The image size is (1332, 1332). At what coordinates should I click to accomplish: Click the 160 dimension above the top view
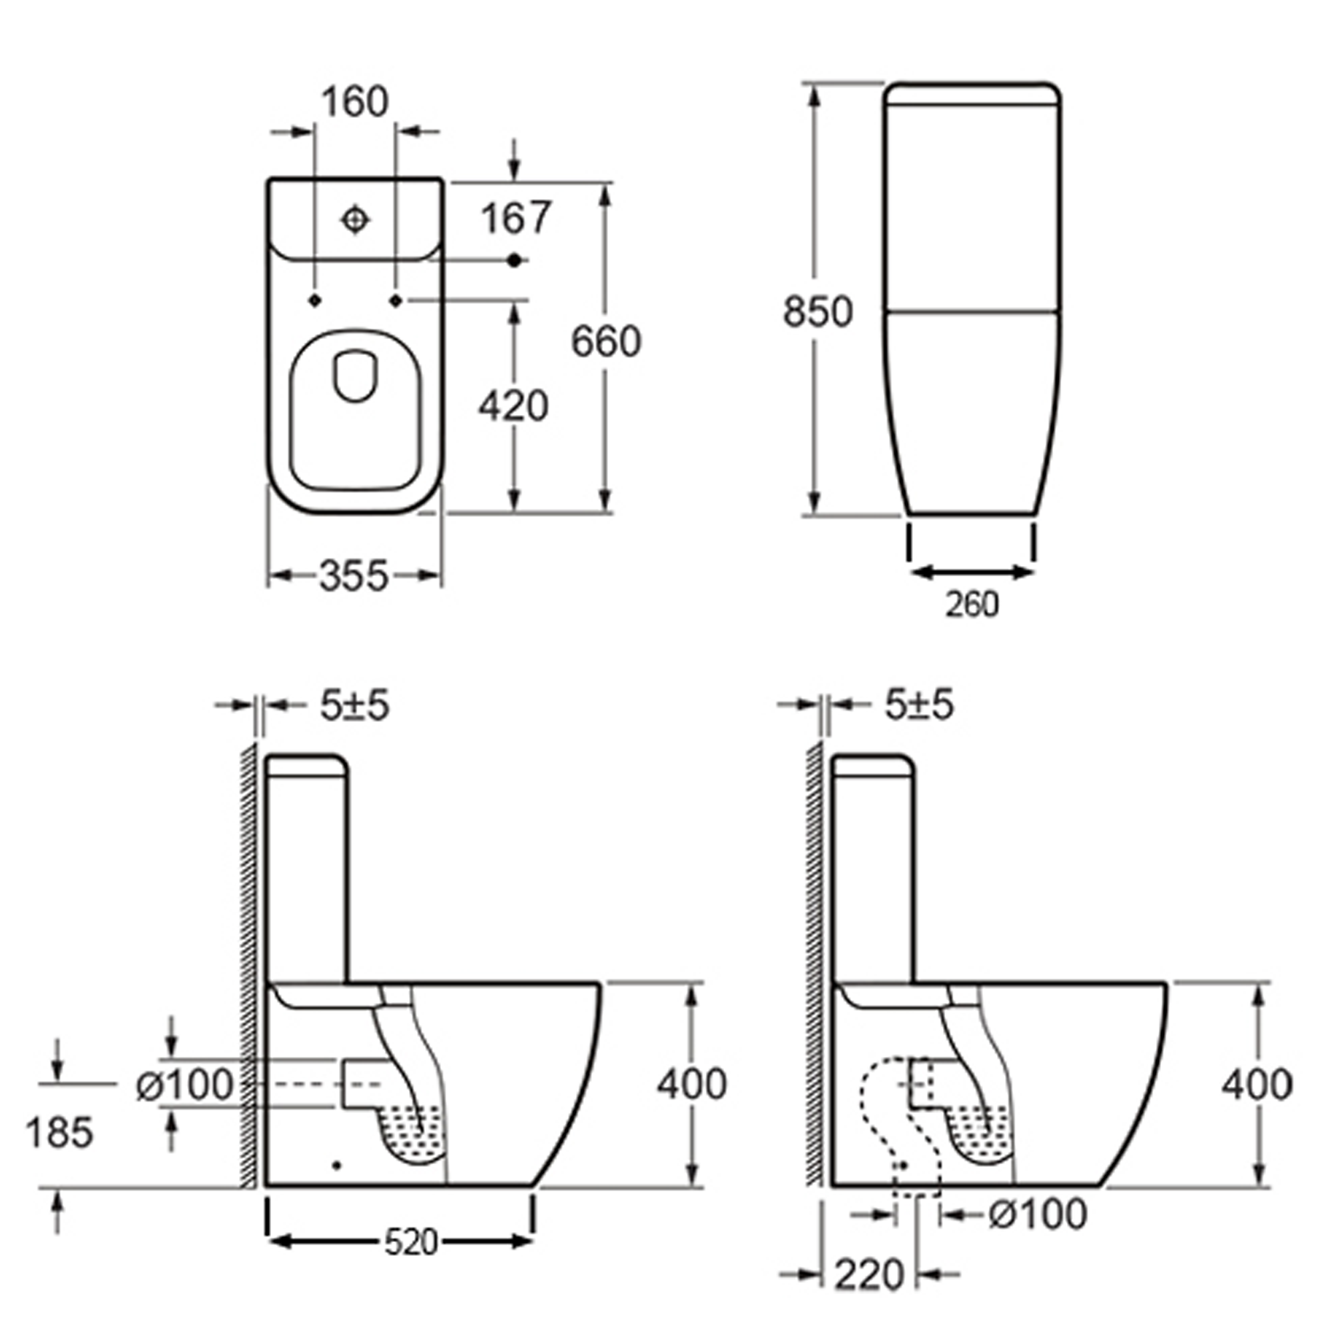tap(355, 102)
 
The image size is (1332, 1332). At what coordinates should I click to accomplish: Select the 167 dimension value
tap(516, 218)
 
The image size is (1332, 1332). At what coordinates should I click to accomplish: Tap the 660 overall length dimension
tap(606, 341)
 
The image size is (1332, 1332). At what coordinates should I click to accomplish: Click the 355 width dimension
tap(354, 575)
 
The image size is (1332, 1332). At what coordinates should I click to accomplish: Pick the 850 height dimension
tap(818, 311)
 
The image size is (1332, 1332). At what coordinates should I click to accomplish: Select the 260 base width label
tap(972, 605)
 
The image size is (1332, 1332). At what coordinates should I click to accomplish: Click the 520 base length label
tap(411, 1242)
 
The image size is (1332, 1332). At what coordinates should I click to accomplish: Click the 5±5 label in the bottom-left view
tap(354, 705)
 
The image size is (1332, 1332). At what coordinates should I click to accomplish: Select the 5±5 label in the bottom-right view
tap(919, 705)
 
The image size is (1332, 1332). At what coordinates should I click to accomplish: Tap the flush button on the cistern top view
tap(355, 220)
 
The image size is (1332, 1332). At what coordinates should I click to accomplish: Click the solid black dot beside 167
tap(513, 260)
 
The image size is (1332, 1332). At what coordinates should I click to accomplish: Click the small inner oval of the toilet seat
tap(355, 376)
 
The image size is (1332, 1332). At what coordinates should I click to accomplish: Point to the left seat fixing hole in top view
tap(315, 300)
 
